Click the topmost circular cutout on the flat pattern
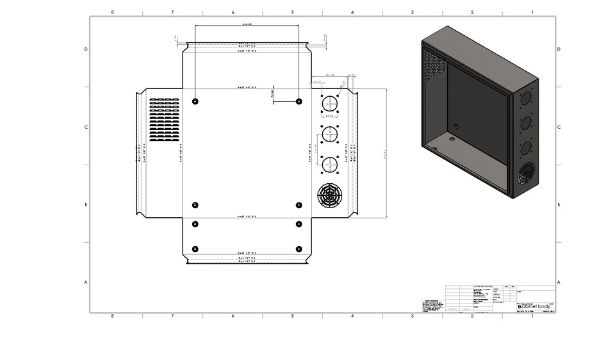tap(329, 104)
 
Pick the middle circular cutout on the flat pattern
tap(329, 135)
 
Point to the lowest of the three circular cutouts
tap(329, 164)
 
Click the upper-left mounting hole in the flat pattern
tap(195, 101)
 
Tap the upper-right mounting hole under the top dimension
tap(299, 101)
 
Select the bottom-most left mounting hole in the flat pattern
tap(195, 249)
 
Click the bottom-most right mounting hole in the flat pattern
tap(299, 249)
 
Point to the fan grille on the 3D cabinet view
tap(526, 173)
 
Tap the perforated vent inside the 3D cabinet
tap(434, 63)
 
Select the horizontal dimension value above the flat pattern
tap(247, 24)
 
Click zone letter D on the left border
tap(86, 49)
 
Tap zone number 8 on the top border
tap(113, 12)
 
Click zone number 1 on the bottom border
tap(532, 316)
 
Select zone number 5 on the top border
tap(292, 12)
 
